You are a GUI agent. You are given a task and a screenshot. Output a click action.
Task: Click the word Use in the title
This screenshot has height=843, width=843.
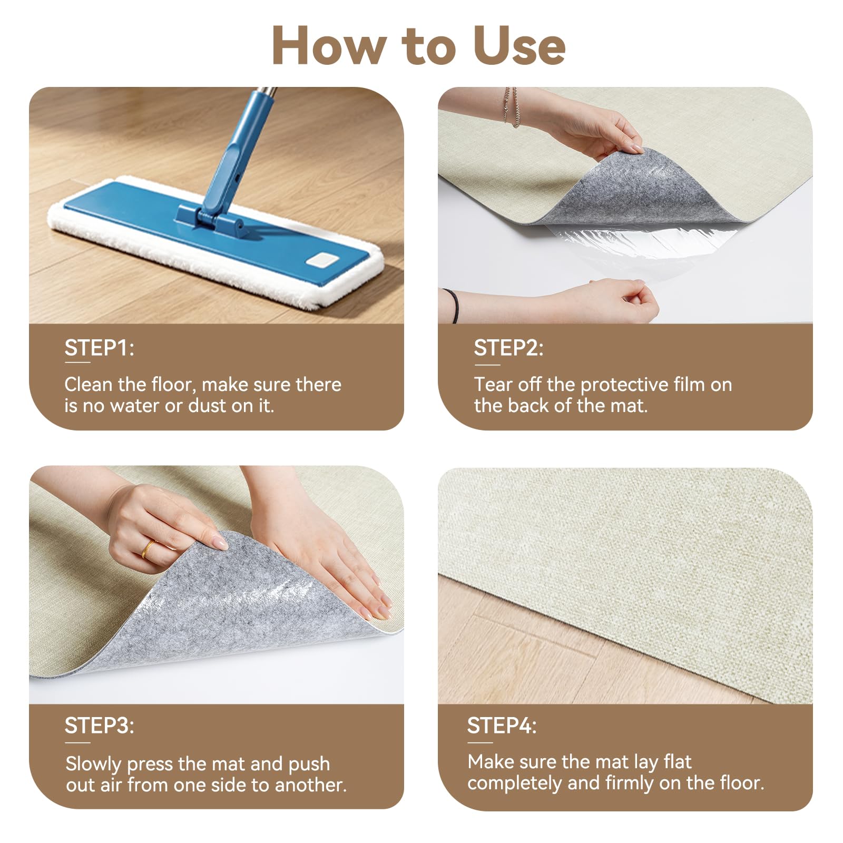[519, 46]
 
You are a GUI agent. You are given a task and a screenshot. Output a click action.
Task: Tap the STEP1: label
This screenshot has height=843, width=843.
[99, 348]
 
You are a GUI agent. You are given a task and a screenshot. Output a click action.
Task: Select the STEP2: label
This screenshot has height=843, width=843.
[508, 348]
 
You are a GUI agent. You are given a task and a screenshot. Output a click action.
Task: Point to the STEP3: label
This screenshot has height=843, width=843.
[99, 726]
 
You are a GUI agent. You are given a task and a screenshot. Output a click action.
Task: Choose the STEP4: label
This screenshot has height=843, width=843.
[502, 726]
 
